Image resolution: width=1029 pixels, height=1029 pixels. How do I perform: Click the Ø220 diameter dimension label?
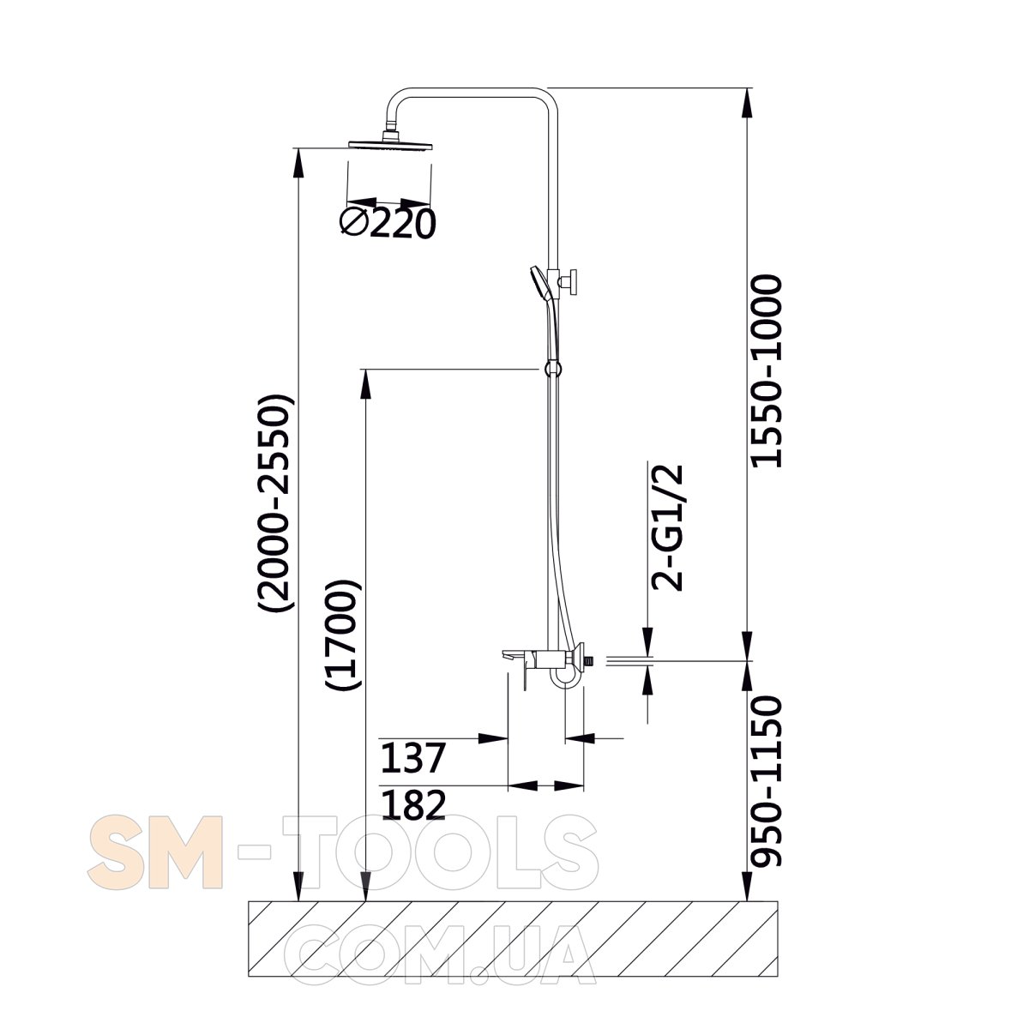coord(388,223)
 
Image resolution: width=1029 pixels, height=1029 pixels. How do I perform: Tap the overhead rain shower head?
coord(390,143)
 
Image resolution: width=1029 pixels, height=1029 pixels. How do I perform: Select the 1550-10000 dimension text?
coord(767,371)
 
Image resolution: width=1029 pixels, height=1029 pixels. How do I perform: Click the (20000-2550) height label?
coord(275,503)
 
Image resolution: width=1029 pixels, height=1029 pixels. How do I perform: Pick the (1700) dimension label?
coord(343,635)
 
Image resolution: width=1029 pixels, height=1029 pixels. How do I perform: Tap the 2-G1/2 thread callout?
coord(667,527)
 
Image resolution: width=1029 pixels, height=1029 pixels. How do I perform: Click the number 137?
coord(412,758)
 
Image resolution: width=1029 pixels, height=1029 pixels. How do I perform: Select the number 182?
coord(413,806)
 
